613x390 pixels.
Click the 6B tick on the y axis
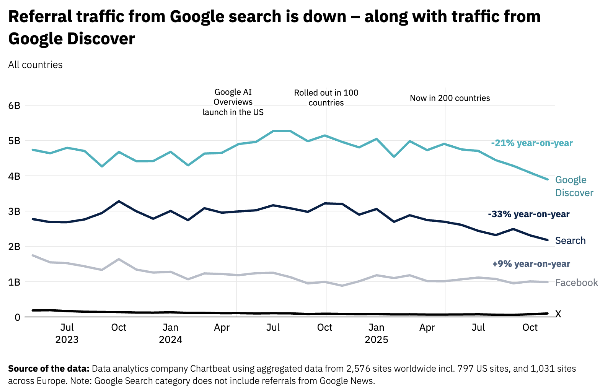(x=14, y=106)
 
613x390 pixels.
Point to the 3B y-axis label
(x=14, y=211)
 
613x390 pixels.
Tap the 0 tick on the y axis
(x=17, y=317)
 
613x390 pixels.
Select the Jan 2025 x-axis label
(x=376, y=333)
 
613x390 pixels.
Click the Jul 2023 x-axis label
(x=67, y=333)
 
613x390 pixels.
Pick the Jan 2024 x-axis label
(x=170, y=333)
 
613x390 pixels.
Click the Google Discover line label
(x=574, y=186)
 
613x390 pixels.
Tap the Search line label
(x=570, y=240)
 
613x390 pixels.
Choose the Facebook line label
(x=576, y=283)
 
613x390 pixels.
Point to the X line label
(x=558, y=314)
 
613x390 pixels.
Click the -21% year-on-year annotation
(x=532, y=143)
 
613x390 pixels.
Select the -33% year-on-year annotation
(x=528, y=214)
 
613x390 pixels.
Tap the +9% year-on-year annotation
(x=531, y=264)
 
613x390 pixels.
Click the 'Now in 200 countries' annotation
(x=450, y=98)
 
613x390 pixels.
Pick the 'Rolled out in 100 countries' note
(x=326, y=97)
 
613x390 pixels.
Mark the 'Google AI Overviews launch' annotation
(x=233, y=102)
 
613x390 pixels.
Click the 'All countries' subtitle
(x=35, y=65)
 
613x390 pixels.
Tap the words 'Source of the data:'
(x=49, y=369)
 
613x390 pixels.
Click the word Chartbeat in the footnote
(x=212, y=369)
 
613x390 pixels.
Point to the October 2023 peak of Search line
(x=119, y=201)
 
